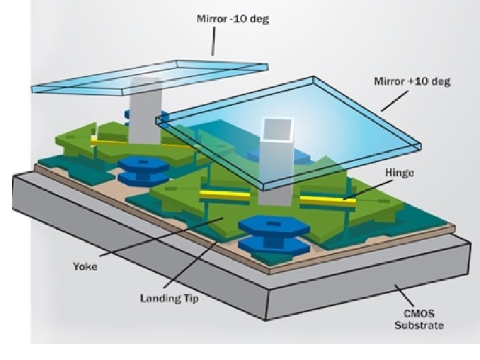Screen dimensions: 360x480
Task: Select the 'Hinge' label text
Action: (x=400, y=173)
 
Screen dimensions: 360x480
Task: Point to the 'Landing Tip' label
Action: (x=169, y=297)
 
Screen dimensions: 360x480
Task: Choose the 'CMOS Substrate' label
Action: (x=419, y=320)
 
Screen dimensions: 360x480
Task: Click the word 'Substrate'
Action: (x=419, y=326)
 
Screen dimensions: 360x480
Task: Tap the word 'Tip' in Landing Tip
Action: (x=191, y=297)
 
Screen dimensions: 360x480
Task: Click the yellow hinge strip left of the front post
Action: (x=225, y=194)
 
